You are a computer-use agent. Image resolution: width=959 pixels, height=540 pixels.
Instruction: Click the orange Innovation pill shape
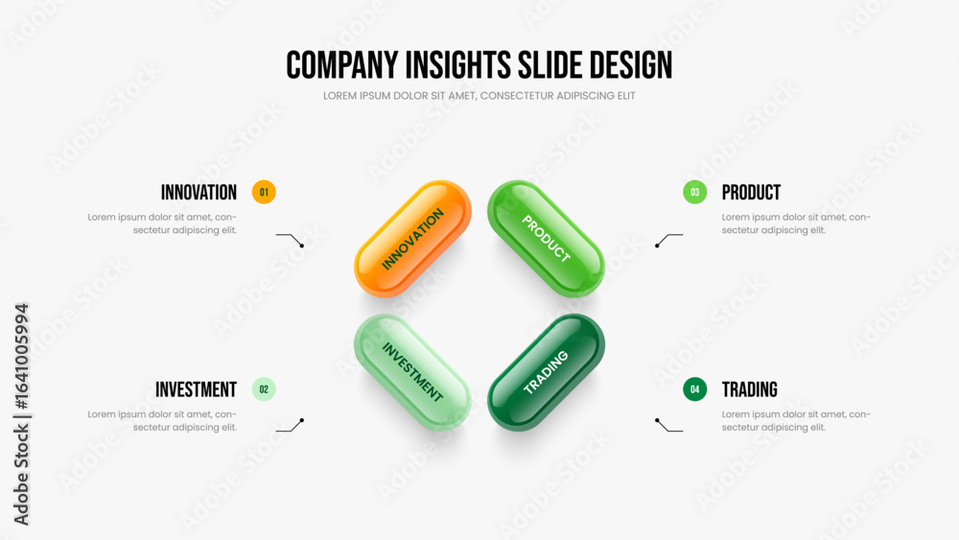click(x=412, y=239)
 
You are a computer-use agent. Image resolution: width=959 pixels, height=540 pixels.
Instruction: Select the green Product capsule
click(x=547, y=239)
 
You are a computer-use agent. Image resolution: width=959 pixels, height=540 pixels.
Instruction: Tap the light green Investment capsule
click(x=412, y=372)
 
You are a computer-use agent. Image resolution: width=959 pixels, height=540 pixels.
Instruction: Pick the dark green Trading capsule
click(x=547, y=372)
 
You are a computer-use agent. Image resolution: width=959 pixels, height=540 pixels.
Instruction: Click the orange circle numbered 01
click(x=264, y=192)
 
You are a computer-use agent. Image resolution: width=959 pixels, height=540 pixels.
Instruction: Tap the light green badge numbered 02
click(x=264, y=389)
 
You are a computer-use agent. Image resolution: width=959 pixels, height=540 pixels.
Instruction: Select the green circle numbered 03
click(x=694, y=192)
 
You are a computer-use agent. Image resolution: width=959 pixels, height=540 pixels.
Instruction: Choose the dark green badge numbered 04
click(x=694, y=389)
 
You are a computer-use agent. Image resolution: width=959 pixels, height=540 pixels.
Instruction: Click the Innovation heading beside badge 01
click(x=199, y=193)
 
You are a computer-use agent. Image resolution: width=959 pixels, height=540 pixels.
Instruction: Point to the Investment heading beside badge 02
click(x=196, y=389)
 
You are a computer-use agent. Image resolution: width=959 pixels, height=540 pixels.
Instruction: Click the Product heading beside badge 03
click(x=751, y=193)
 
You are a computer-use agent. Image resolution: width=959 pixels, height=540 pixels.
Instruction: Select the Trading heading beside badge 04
click(x=750, y=389)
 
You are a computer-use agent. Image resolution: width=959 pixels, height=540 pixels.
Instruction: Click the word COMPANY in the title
click(x=342, y=65)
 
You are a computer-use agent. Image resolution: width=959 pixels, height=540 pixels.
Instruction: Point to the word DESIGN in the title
click(x=631, y=65)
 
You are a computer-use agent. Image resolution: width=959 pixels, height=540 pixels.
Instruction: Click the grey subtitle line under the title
click(x=479, y=96)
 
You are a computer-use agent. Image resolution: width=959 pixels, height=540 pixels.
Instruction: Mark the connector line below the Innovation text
click(x=290, y=239)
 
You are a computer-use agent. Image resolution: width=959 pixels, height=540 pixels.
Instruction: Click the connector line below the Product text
click(x=669, y=239)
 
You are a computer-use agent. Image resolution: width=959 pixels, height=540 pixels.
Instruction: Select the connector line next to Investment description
click(x=290, y=426)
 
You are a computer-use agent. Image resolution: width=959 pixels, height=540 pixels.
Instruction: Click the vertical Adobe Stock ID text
click(x=21, y=414)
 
